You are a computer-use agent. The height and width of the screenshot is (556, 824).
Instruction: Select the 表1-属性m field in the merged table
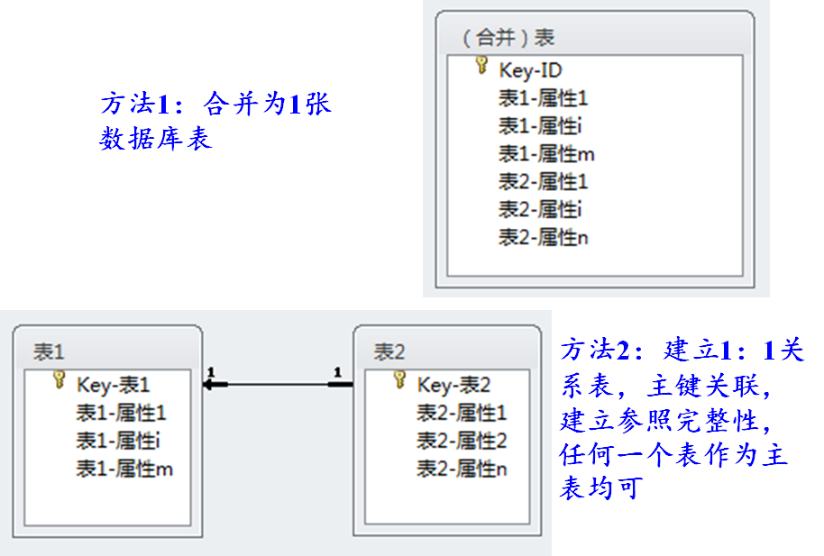pyautogui.click(x=546, y=154)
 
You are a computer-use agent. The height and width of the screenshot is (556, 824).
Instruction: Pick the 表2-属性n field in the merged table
pyautogui.click(x=544, y=238)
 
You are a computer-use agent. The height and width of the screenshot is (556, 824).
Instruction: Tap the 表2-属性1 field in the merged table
pyautogui.click(x=544, y=182)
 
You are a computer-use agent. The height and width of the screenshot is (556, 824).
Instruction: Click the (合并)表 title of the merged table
pyautogui.click(x=508, y=38)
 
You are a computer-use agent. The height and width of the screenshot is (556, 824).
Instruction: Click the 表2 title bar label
pyautogui.click(x=389, y=351)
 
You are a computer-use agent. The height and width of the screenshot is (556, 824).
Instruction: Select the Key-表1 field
pyautogui.click(x=114, y=386)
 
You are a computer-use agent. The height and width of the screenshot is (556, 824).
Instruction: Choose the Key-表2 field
pyautogui.click(x=453, y=386)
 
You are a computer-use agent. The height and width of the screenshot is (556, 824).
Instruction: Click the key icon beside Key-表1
pyautogui.click(x=60, y=381)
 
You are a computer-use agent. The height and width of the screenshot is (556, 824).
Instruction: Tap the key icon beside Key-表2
pyautogui.click(x=400, y=381)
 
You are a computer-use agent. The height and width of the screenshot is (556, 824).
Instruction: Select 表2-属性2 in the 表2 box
pyautogui.click(x=462, y=442)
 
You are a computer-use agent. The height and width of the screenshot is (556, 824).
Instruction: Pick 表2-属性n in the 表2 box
pyautogui.click(x=462, y=469)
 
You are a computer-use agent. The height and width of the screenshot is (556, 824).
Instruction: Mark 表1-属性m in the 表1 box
pyautogui.click(x=124, y=469)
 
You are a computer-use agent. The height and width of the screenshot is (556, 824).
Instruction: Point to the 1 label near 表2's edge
pyautogui.click(x=337, y=371)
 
